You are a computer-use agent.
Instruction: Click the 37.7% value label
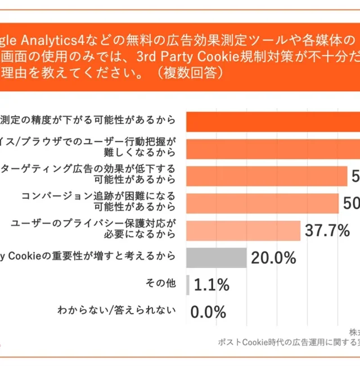point(327,230)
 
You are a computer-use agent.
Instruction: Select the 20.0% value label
point(273,258)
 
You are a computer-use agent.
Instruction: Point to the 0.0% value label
point(208,311)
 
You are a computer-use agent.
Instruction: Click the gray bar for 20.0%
point(216,258)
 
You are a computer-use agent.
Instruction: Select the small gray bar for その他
point(187,285)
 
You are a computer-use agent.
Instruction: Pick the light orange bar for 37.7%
point(242,230)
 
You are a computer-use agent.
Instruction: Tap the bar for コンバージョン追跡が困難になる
point(262,203)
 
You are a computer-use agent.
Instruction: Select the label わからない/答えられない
point(117,311)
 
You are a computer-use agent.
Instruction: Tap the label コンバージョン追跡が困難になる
point(98,196)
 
